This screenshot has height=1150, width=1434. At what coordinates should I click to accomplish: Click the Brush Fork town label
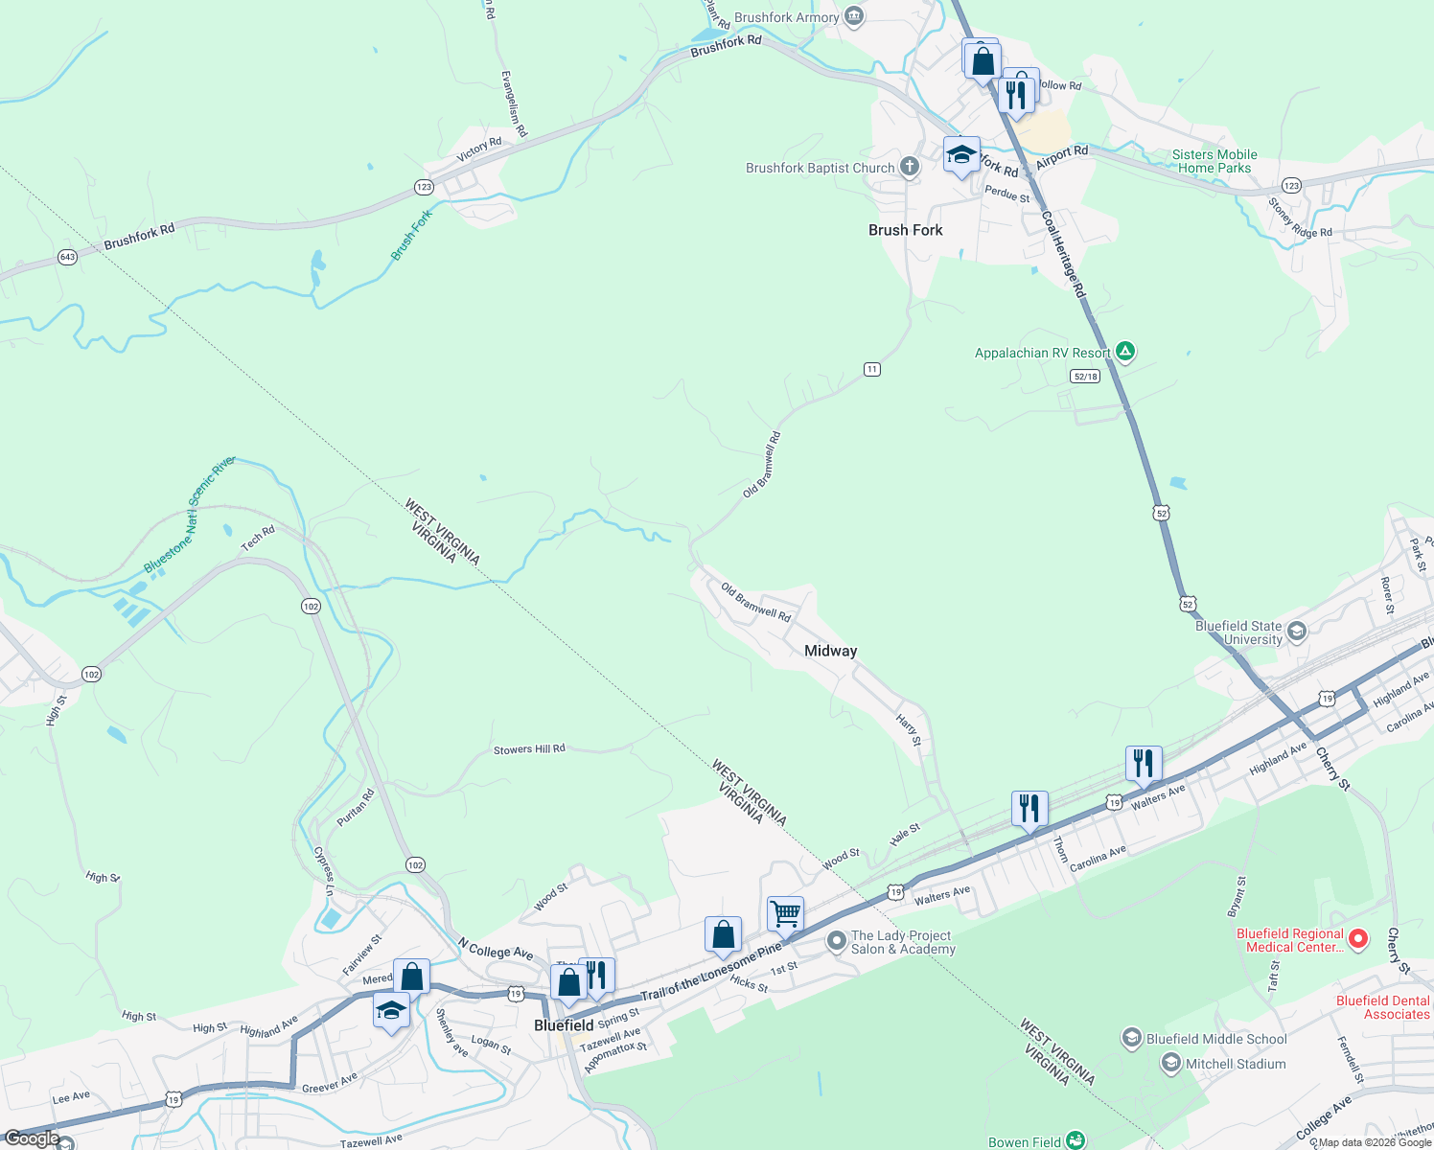pos(905,230)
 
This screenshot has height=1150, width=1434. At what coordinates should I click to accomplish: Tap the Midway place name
pos(830,651)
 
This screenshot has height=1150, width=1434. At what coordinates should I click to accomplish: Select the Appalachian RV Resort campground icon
pos(1125,352)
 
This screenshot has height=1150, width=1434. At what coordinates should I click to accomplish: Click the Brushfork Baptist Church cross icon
pos(909,168)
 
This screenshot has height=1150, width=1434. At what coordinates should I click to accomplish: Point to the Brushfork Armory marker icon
pos(853,16)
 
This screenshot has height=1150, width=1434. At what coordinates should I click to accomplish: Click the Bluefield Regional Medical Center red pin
pos(1357,939)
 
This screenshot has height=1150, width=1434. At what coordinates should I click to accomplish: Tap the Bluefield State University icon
pos(1297,632)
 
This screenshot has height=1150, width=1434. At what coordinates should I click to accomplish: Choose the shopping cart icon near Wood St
pos(785,914)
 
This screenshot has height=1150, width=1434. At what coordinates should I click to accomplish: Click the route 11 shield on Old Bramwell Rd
pos(871,369)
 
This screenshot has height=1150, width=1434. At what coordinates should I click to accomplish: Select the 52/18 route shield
pos(1085,377)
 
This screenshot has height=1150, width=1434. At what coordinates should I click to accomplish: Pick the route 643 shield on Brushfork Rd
pos(67,257)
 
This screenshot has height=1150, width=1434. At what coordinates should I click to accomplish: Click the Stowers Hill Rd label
pos(529,749)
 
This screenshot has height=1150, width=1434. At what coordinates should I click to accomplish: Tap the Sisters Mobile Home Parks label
pos(1214,161)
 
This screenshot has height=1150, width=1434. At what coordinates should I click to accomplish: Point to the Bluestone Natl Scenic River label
pos(190,515)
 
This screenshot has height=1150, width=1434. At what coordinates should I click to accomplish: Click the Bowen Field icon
pos(1075,1140)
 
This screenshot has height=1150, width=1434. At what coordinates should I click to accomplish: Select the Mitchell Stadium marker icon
pos(1170,1063)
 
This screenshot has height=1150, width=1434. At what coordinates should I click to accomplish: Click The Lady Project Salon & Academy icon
pos(836,940)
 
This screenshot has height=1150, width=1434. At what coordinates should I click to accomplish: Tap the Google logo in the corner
pos(32,1138)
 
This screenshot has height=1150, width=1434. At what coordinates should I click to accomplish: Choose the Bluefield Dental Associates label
pos(1382,1007)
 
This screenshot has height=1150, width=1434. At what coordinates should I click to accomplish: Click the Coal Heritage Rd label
pos(1063,253)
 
